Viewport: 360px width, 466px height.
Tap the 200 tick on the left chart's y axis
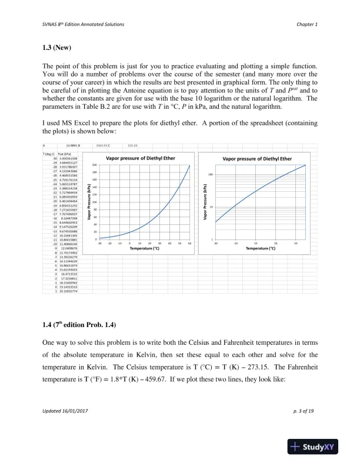coord(94,165)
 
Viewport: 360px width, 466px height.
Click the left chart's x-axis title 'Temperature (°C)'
coord(144,249)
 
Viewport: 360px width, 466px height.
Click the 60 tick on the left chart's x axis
coord(190,242)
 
